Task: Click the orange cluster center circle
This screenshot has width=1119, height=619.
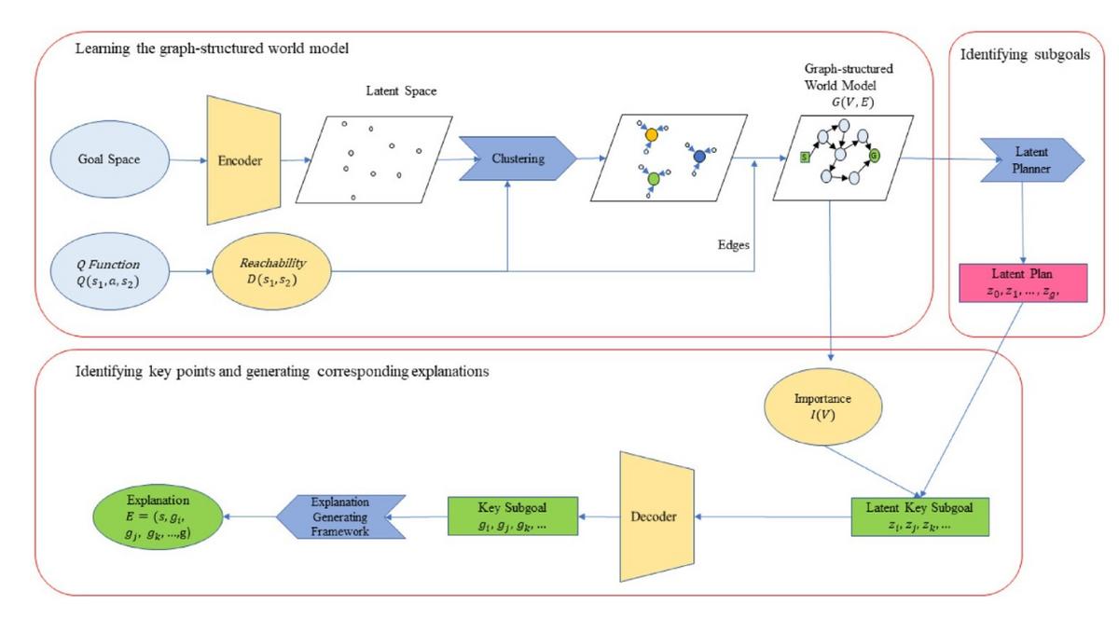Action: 652,135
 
